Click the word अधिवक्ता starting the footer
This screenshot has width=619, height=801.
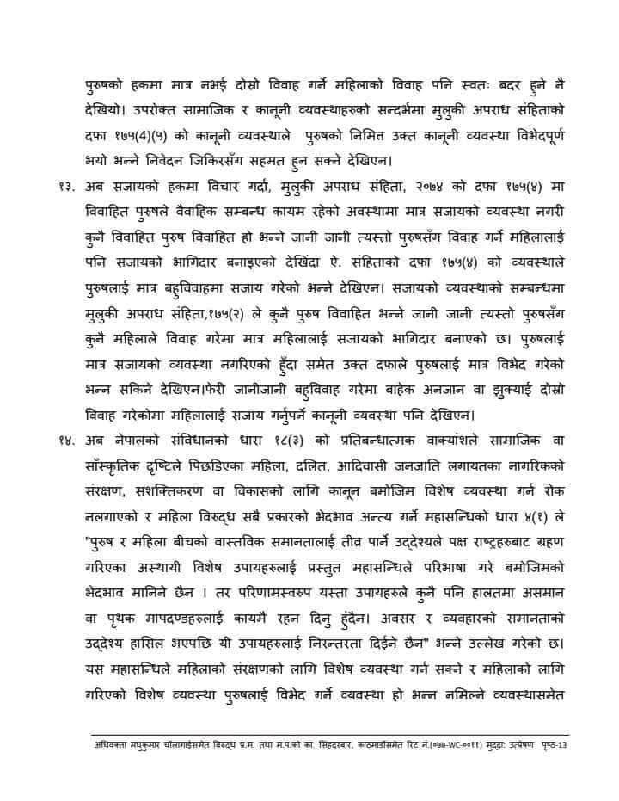(x=110, y=745)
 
